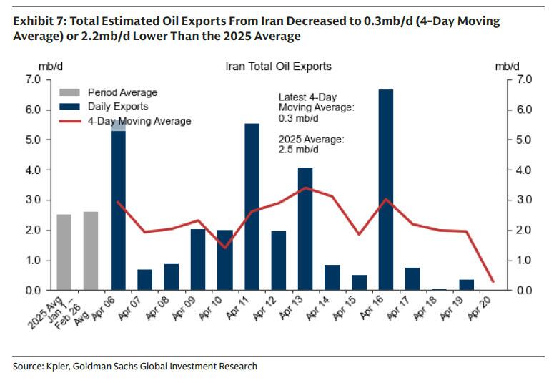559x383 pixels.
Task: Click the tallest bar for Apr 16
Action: [x=385, y=190]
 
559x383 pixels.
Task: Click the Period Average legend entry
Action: [x=122, y=92]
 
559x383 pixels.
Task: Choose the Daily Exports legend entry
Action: [x=117, y=107]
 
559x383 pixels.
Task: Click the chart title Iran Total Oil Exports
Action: [x=278, y=67]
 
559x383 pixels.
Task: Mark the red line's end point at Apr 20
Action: [x=493, y=281]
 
